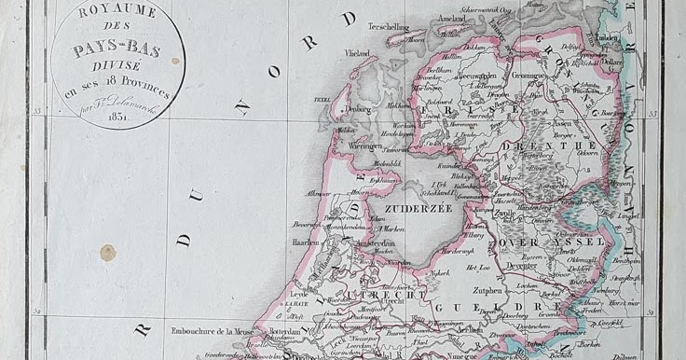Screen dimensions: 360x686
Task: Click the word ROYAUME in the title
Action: [x=117, y=11]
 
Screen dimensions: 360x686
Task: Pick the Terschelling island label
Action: [x=389, y=28]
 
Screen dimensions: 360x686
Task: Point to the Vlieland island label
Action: [x=357, y=54]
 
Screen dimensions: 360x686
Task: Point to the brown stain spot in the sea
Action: [x=108, y=252]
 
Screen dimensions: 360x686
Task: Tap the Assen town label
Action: [x=562, y=123]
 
